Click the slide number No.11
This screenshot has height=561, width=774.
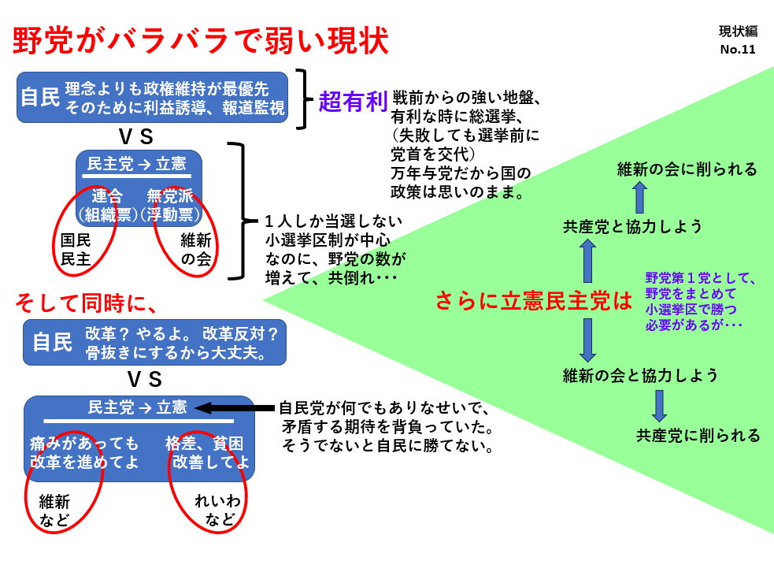(x=737, y=50)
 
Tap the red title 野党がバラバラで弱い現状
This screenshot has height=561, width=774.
(x=201, y=42)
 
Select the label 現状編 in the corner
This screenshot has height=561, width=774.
(x=738, y=32)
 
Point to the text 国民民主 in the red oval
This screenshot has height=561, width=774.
(x=76, y=249)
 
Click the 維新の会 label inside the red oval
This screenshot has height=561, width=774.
(x=196, y=249)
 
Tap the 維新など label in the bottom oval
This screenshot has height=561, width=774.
(x=54, y=510)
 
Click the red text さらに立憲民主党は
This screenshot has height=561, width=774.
(x=534, y=300)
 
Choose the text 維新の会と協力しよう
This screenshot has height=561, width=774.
(x=641, y=375)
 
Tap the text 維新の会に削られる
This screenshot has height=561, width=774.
(x=687, y=169)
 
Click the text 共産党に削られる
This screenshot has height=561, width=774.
(x=698, y=435)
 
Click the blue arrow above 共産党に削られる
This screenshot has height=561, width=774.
(x=659, y=405)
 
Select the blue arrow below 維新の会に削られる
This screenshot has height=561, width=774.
(x=639, y=197)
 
